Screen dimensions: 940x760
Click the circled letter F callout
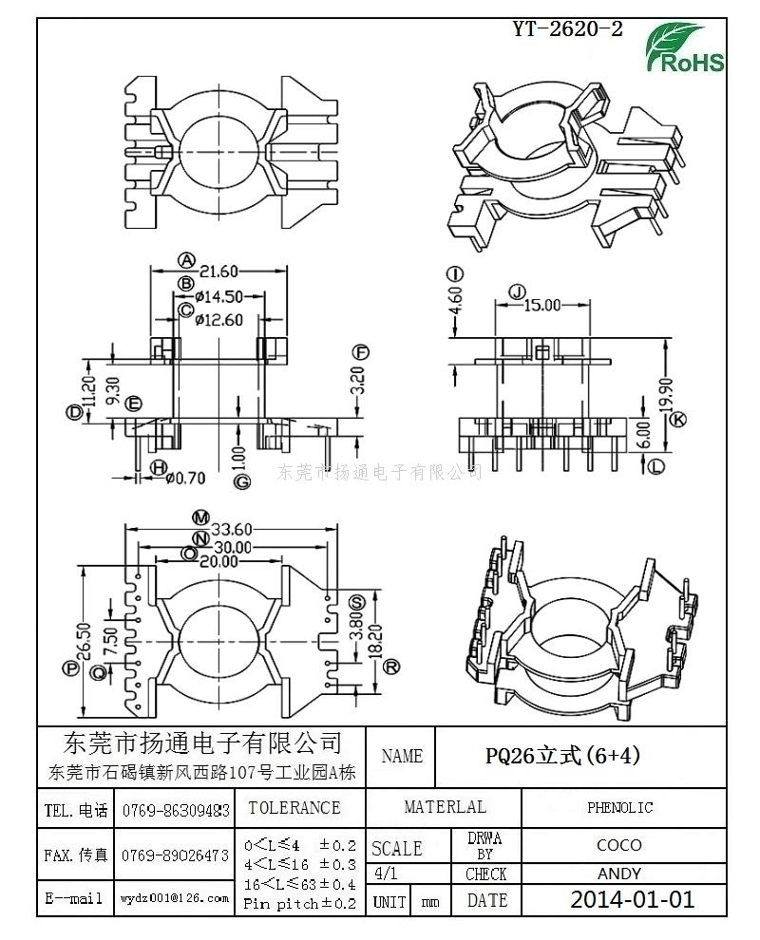[360, 352]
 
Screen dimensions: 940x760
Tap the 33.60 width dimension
[231, 530]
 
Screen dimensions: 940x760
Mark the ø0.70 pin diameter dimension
[187, 479]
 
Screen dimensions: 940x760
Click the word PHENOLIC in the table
[619, 808]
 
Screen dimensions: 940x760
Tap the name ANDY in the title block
[618, 874]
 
